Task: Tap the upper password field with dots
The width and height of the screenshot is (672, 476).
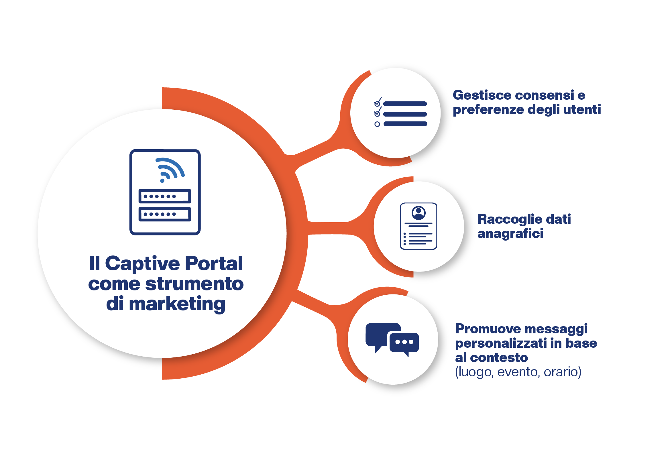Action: tap(165, 196)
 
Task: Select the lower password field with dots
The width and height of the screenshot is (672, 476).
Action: tap(165, 214)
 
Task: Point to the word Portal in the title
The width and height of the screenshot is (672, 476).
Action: tap(214, 263)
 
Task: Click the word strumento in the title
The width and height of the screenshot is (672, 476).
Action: tap(194, 284)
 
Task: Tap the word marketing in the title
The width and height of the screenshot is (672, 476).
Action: tap(177, 304)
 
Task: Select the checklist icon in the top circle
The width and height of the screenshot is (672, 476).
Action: tap(400, 113)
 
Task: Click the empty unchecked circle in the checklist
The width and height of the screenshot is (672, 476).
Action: tap(377, 124)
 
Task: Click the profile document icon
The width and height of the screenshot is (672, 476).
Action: tap(418, 226)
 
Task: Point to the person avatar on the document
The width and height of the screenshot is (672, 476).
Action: tap(418, 213)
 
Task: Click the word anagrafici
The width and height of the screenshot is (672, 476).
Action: tap(510, 234)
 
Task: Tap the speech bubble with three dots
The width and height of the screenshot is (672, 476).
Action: tap(404, 342)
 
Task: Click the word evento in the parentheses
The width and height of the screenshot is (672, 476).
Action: tap(518, 372)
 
